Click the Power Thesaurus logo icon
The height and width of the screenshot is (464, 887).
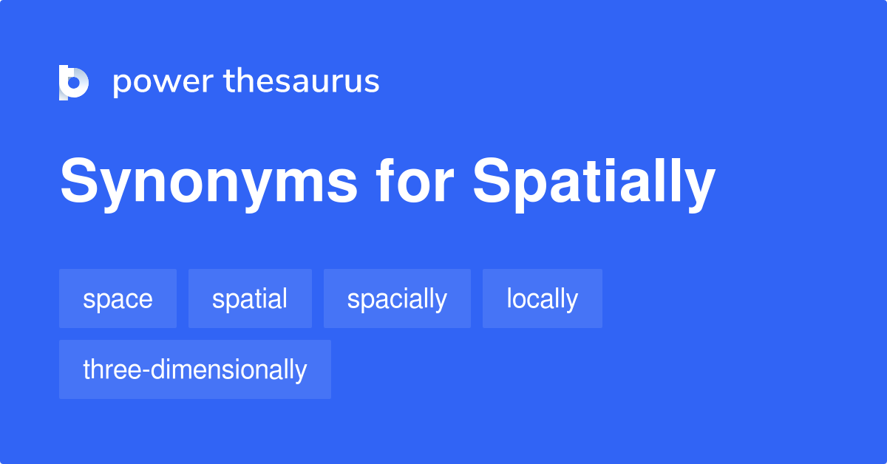click(x=73, y=82)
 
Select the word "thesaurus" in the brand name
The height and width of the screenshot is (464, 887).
click(x=302, y=82)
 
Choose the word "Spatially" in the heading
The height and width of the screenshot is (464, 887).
click(x=594, y=182)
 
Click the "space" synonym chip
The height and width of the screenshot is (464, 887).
click(x=118, y=298)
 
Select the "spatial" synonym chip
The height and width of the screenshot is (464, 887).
click(x=250, y=298)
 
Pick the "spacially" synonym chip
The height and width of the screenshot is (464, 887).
click(x=397, y=298)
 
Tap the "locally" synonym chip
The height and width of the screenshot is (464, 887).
click(x=542, y=298)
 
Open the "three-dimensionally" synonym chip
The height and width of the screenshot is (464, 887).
click(x=194, y=369)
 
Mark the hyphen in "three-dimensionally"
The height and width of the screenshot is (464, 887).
click(x=148, y=370)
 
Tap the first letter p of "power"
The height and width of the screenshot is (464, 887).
click(x=121, y=83)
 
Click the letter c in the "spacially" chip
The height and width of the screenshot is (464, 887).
click(x=395, y=300)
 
